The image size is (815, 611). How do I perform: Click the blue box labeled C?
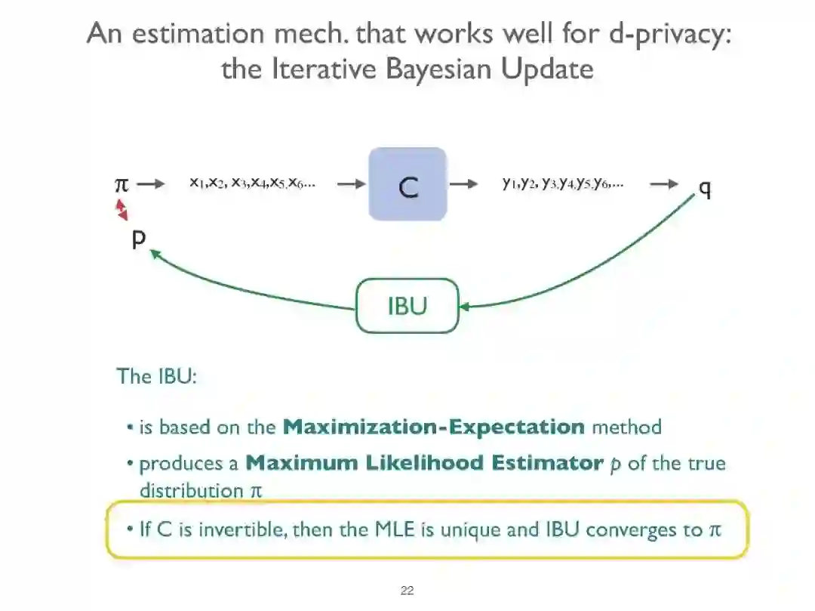407,184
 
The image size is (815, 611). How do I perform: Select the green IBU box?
407,305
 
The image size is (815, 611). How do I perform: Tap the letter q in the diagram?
705,188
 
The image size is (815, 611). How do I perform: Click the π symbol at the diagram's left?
121,184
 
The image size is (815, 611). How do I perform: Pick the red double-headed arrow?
121,210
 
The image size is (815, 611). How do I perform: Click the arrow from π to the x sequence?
152,184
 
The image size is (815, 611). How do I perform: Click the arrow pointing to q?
664,184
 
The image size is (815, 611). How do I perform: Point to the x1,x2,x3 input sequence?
252,183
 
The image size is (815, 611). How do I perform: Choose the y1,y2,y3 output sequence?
563,183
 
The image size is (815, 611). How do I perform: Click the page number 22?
407,591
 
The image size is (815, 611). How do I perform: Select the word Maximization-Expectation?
433,427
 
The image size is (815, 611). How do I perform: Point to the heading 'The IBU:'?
156,375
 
